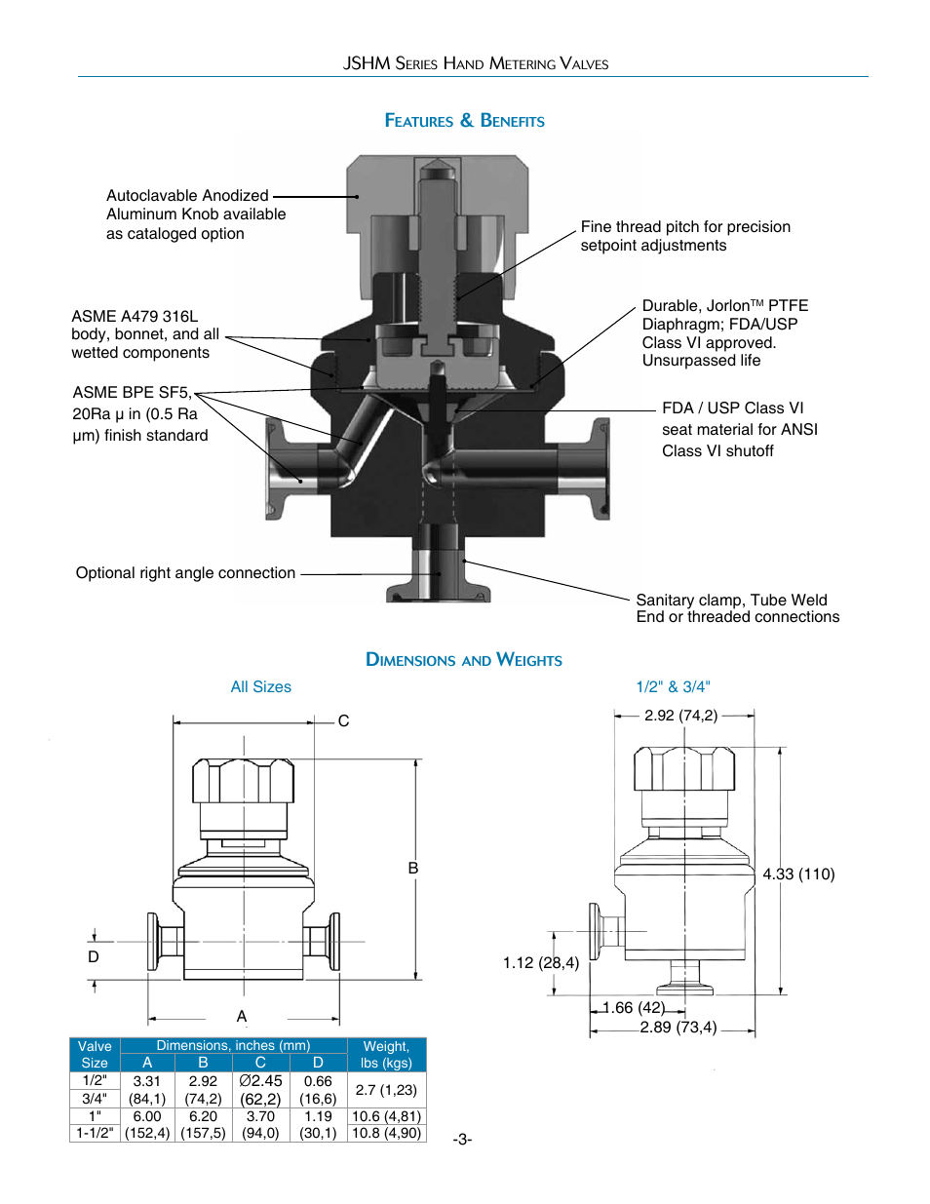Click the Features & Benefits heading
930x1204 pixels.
pyautogui.click(x=464, y=121)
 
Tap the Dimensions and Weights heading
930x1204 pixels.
pyautogui.click(x=464, y=660)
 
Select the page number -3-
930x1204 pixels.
pyautogui.click(x=462, y=1139)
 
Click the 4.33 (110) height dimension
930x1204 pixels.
pyautogui.click(x=798, y=874)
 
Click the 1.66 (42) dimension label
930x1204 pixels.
pyautogui.click(x=634, y=1007)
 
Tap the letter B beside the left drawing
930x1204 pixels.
pyautogui.click(x=413, y=868)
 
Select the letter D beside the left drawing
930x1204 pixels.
pyautogui.click(x=94, y=956)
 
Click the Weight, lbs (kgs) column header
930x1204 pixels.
pyautogui.click(x=386, y=1055)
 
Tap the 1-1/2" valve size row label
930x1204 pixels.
pyautogui.click(x=95, y=1133)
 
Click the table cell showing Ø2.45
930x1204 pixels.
pyautogui.click(x=260, y=1081)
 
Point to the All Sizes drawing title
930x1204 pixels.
pyautogui.click(x=260, y=687)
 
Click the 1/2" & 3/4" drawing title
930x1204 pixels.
pyautogui.click(x=673, y=687)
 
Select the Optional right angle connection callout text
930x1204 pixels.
pyautogui.click(x=185, y=573)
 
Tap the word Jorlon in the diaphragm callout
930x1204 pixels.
pyautogui.click(x=727, y=306)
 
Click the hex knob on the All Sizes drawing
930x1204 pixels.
pyautogui.click(x=243, y=781)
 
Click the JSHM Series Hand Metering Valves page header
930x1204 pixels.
pyautogui.click(x=475, y=63)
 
